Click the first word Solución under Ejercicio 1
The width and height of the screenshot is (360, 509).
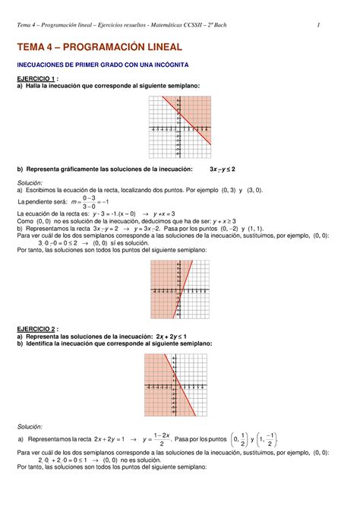click(x=30, y=184)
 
